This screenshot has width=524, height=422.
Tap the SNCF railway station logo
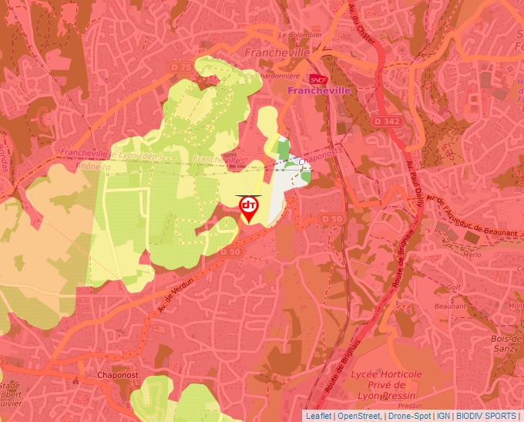(x=317, y=79)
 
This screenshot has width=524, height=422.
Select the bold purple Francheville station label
(x=318, y=90)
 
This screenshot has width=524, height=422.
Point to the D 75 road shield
(x=180, y=67)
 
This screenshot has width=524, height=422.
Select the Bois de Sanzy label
(x=505, y=343)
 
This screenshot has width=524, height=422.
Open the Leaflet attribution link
(x=319, y=416)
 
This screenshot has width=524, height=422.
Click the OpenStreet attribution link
(x=360, y=416)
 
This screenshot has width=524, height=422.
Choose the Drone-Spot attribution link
(x=409, y=416)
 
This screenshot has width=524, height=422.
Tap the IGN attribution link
(x=444, y=416)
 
